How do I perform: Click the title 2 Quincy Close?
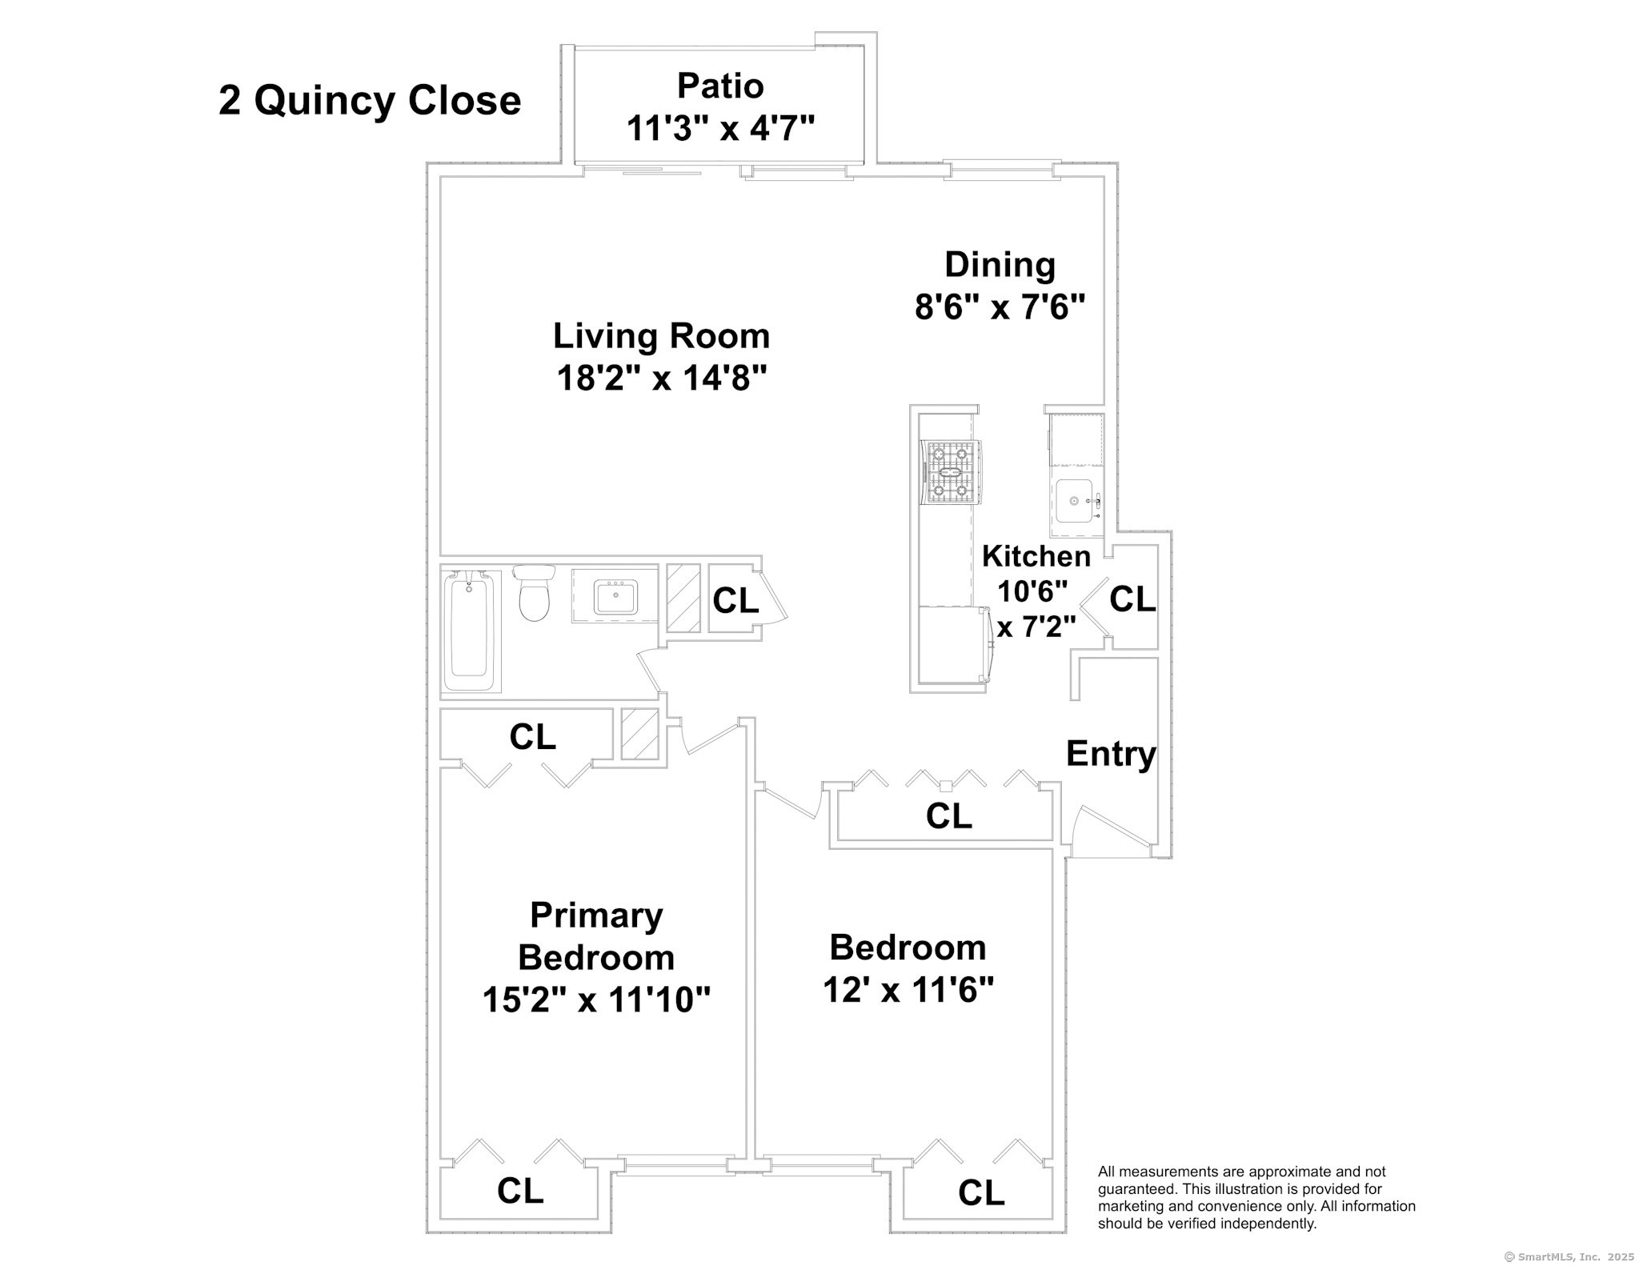(370, 102)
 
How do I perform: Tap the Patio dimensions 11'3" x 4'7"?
(720, 128)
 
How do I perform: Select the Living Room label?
(661, 336)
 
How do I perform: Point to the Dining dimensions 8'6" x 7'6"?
(1000, 306)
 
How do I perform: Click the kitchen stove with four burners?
(952, 473)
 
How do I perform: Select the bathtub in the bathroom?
(471, 631)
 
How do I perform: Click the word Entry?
(1111, 754)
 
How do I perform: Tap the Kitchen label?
(1036, 555)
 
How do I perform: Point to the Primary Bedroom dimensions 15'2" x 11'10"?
(596, 1000)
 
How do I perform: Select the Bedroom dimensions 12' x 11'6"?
(908, 991)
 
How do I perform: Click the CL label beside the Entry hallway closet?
(948, 816)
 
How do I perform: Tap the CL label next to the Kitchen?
(1132, 599)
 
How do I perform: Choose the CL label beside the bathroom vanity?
(735, 601)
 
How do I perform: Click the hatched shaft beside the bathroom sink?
(683, 599)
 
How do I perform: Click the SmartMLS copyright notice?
(1570, 1256)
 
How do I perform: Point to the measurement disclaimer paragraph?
(1256, 1198)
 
